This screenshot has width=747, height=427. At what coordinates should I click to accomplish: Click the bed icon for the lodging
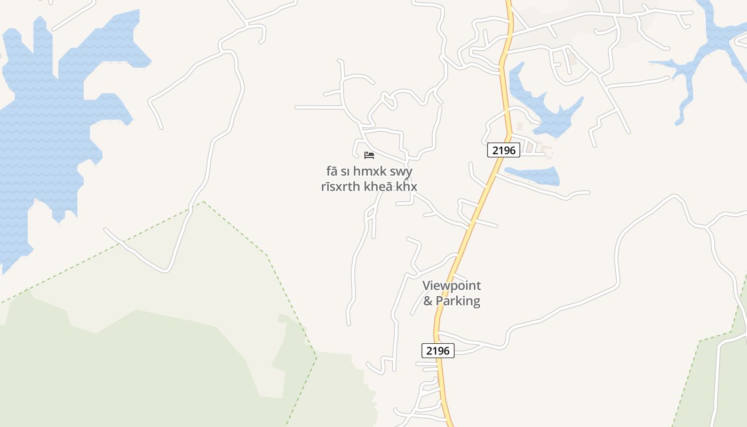(369, 155)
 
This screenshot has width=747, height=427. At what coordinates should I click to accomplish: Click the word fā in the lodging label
(332, 171)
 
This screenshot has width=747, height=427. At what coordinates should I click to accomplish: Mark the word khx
(407, 186)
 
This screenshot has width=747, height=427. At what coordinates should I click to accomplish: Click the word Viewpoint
(451, 286)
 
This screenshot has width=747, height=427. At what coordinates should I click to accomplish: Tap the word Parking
(458, 301)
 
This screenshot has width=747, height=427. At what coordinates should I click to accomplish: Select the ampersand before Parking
(428, 301)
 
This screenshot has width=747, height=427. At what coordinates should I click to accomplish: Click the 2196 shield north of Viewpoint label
(504, 150)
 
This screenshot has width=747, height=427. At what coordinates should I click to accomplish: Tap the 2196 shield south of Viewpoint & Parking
(438, 351)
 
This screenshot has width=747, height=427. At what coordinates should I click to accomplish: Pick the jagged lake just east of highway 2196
(550, 115)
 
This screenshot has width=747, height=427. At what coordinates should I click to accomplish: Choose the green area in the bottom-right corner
(715, 384)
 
